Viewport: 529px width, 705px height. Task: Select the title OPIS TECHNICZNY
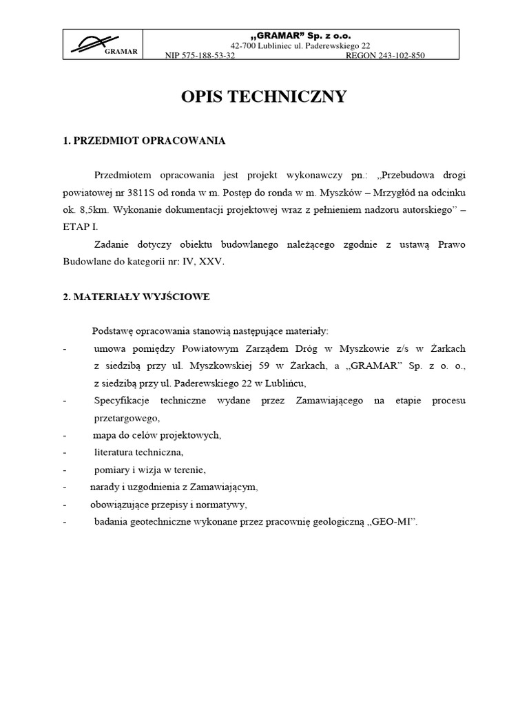click(264, 97)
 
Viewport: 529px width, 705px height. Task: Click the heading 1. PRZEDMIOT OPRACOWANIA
click(144, 140)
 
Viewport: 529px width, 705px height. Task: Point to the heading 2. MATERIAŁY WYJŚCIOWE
click(136, 297)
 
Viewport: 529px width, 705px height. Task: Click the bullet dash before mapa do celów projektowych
click(64, 435)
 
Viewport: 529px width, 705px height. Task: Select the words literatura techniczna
click(138, 452)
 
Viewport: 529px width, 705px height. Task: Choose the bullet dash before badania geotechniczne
click(64, 522)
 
